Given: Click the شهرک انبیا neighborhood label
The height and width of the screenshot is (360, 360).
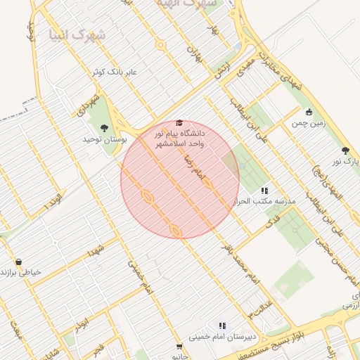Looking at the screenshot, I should [x=78, y=34].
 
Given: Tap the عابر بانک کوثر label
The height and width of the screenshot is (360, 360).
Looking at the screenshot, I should [x=117, y=72].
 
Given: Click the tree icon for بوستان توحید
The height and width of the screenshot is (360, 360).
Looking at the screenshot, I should [x=104, y=127].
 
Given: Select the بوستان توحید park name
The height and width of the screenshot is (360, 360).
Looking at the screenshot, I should [x=103, y=139].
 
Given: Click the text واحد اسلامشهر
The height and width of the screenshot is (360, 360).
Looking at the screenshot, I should [x=180, y=143].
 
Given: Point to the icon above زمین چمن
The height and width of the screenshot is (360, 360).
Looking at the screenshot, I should [x=309, y=112].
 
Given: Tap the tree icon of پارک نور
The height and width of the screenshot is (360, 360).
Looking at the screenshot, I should [x=345, y=150].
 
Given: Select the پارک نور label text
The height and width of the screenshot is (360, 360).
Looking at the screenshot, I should [x=346, y=162].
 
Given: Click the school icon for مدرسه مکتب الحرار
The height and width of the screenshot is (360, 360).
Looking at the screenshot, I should [x=264, y=190].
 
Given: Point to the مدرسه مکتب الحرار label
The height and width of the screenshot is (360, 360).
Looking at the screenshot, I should [x=269, y=201].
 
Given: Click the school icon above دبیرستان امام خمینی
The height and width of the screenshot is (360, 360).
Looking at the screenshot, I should [x=222, y=325].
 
